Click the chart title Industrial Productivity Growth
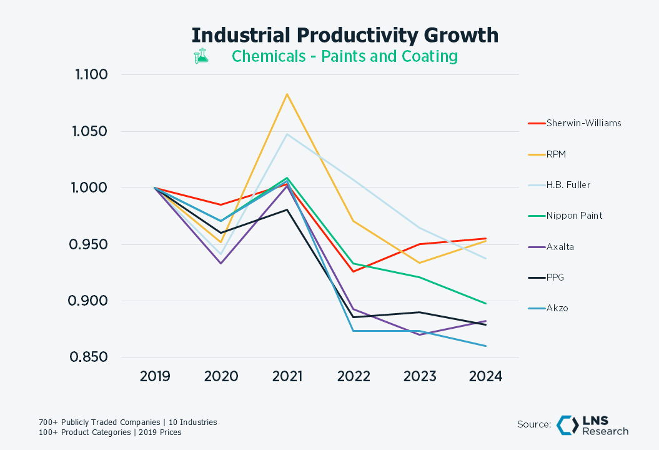345,35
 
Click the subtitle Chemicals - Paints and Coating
345,56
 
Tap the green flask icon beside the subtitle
201,56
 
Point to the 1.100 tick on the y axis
91,75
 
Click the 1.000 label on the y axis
91,188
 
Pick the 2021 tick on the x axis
287,376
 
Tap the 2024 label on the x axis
485,376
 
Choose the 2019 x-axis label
155,376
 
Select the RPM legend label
557,154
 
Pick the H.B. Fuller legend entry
568,185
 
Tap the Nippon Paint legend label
574,216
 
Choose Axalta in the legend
560,247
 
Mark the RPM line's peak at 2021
287,94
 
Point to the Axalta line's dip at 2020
220,263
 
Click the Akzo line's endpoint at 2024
486,346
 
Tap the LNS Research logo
592,425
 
